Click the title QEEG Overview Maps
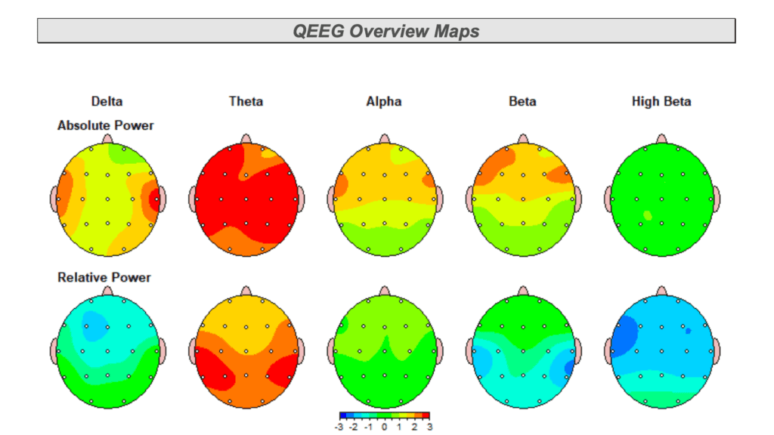386,31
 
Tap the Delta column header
107,101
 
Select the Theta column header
246,101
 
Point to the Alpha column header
384,101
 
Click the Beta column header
522,101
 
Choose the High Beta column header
661,101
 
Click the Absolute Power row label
105,125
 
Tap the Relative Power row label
104,277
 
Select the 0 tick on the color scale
385,427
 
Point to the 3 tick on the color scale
429,427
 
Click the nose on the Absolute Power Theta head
246,139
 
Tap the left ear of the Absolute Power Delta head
54,199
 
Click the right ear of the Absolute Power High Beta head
716,199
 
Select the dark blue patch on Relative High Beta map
624,335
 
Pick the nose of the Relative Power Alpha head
384,291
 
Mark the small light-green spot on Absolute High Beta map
647,215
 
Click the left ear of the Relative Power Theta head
193,350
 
